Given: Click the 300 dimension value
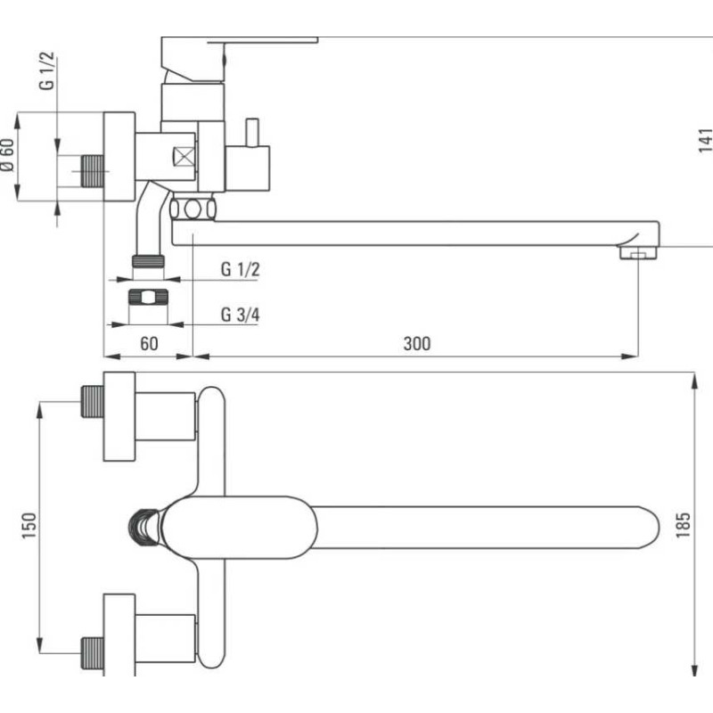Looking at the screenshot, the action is [x=416, y=343].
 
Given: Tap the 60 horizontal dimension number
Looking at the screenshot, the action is [x=149, y=343].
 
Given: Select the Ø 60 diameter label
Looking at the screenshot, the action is [x=8, y=155].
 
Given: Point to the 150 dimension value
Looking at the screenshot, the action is [x=29, y=526].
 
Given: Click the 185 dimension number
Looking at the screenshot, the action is [x=683, y=525].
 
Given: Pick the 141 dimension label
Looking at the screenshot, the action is [x=706, y=141].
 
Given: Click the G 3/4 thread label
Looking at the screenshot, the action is [x=240, y=315].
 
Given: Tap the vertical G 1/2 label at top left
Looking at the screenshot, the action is [x=47, y=71].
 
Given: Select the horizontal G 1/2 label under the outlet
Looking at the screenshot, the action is [x=240, y=269].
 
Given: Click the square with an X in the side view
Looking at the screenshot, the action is [x=184, y=157].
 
